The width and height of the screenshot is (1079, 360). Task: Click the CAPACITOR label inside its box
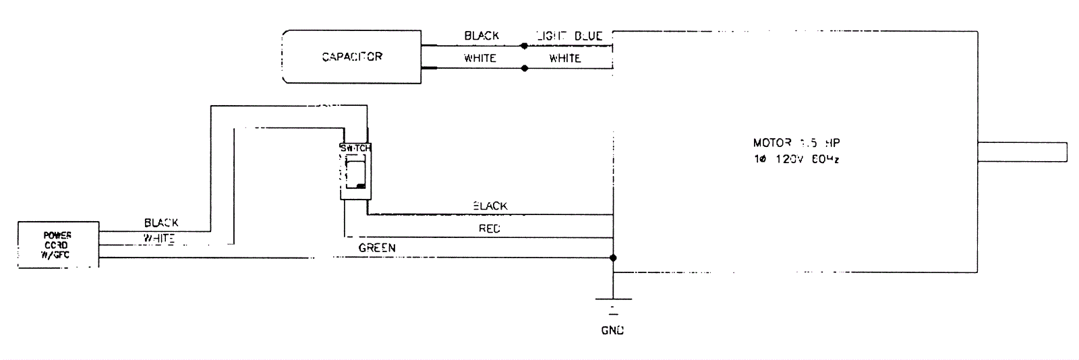[352, 57]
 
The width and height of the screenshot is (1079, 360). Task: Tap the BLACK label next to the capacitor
[482, 36]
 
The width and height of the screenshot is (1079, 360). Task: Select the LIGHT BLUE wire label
[568, 36]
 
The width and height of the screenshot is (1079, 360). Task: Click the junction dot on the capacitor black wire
[524, 46]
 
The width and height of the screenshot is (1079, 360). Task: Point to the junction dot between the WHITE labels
[524, 68]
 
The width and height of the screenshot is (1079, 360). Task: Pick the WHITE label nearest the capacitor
[480, 58]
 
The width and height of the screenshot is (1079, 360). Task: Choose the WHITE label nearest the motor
[564, 58]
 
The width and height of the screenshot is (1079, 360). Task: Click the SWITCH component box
[355, 171]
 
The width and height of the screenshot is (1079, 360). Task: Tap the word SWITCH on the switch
[355, 148]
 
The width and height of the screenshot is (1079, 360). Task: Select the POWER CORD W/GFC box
[58, 245]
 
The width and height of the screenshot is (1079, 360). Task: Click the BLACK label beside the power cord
[161, 222]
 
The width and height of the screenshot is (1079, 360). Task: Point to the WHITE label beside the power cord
[159, 238]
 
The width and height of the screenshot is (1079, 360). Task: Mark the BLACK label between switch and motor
[490, 206]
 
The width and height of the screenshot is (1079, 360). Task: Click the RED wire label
[490, 229]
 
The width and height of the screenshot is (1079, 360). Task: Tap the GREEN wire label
[377, 248]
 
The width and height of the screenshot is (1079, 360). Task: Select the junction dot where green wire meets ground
[613, 258]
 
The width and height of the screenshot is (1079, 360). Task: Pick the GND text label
[612, 330]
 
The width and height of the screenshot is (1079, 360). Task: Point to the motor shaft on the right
[1022, 152]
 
